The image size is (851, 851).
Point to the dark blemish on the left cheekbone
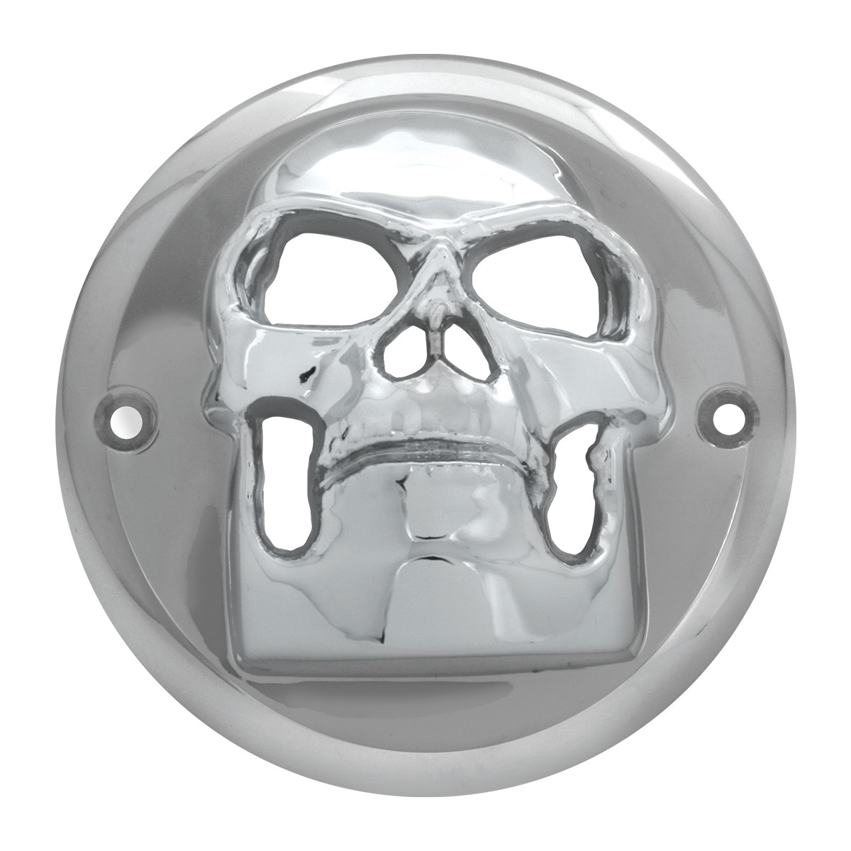[306, 370]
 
